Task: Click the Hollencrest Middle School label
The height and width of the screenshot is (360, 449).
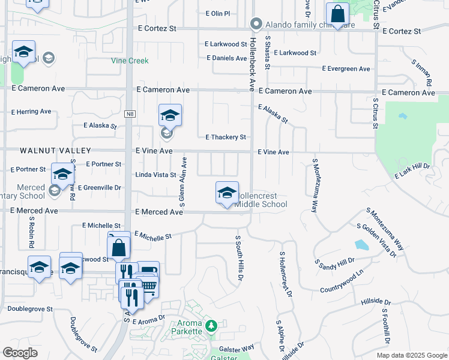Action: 261,200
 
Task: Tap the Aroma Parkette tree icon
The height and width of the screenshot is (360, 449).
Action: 211,326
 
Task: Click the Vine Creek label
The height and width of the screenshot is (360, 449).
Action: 130,61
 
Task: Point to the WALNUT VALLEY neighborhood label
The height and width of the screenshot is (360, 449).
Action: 47,151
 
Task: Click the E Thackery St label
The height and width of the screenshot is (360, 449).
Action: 226,137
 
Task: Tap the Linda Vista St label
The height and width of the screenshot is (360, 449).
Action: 155,175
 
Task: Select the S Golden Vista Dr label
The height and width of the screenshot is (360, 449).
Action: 376,241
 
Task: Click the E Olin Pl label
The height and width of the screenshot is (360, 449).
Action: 217,13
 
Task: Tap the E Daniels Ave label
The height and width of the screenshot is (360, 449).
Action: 226,58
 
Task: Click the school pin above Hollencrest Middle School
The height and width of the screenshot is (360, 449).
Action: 227,193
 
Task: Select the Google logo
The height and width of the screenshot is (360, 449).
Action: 20,353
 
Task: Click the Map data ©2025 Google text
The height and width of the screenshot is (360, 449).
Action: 411,355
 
